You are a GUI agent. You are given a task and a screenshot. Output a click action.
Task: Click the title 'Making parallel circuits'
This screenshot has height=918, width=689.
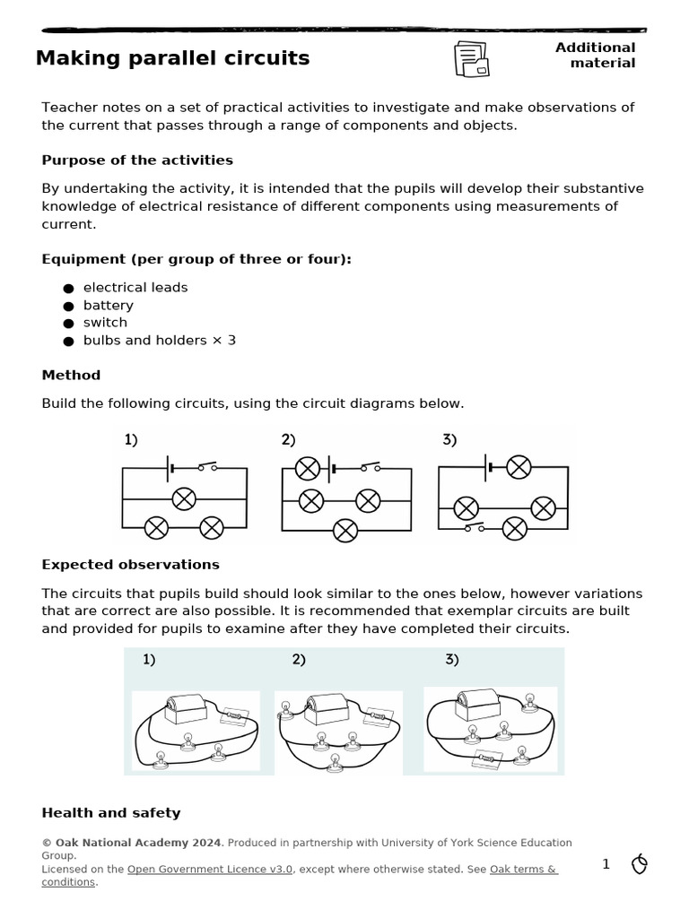[172, 58]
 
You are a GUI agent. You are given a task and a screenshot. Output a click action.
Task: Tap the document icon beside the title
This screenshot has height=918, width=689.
[471, 59]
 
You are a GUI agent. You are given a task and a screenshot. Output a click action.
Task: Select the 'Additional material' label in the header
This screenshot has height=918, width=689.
[595, 55]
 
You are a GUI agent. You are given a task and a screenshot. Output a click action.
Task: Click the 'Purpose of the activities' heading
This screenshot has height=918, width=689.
[137, 160]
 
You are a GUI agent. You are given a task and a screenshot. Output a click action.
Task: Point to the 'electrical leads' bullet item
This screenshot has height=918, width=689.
[135, 288]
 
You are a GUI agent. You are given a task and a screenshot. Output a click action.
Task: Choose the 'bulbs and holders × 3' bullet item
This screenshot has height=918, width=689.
[160, 341]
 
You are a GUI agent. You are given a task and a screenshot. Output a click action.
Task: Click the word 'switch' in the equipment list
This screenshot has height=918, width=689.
[105, 323]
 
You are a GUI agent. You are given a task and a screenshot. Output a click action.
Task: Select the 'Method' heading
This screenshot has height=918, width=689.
[71, 375]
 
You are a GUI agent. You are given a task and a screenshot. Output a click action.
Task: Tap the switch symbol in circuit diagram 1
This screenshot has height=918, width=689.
[208, 467]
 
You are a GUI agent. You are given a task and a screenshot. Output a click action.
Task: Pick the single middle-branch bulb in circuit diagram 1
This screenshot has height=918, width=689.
[184, 499]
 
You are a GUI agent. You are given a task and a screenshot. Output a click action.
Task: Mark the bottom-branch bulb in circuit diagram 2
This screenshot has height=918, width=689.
[345, 531]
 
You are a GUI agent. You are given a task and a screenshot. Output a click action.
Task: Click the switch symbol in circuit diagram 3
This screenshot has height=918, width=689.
[474, 528]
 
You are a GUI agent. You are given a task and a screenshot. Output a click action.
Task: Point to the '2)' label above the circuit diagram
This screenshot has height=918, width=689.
[288, 439]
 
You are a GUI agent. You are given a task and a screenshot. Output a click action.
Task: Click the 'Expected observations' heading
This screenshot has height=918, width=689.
[130, 565]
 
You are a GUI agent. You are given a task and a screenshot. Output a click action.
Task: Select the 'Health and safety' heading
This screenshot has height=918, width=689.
[111, 813]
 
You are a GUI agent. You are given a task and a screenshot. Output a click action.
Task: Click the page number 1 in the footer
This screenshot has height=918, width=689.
[606, 864]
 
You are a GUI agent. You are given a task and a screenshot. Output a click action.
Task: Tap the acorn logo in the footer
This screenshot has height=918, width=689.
[640, 864]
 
